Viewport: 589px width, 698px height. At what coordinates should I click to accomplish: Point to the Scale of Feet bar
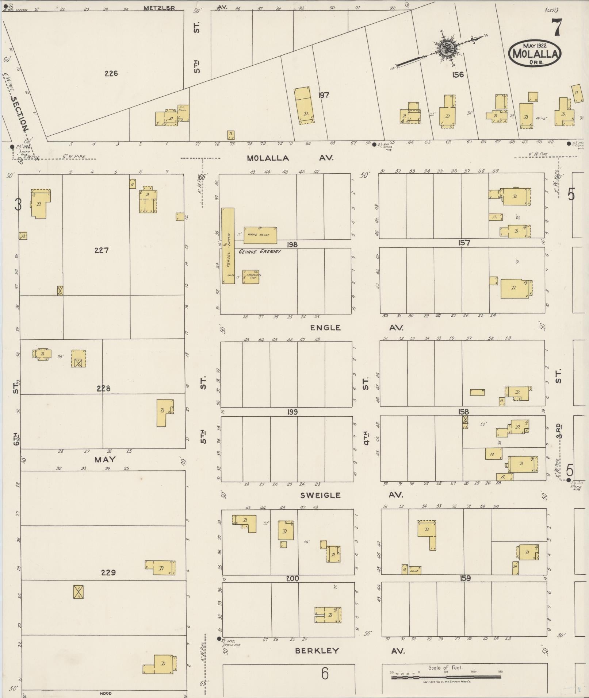point(445,677)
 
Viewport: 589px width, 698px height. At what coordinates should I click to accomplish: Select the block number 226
point(111,73)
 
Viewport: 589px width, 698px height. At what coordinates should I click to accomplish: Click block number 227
point(101,250)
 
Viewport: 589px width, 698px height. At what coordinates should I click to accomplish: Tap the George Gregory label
point(260,251)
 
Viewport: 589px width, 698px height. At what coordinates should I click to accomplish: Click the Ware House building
point(260,235)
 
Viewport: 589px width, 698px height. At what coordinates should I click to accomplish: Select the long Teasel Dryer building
point(228,246)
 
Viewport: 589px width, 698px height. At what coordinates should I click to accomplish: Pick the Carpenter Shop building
point(251,277)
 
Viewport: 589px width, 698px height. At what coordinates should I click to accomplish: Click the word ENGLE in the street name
point(325,328)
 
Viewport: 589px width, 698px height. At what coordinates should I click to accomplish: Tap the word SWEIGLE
point(320,495)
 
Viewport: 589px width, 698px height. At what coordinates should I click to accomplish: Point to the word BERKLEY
point(317,650)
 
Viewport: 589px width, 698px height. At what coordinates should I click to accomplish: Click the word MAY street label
point(105,460)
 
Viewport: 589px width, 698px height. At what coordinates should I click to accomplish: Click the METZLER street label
point(159,8)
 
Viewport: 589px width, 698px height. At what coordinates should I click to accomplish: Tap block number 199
point(292,412)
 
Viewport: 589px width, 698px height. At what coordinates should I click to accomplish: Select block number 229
point(108,572)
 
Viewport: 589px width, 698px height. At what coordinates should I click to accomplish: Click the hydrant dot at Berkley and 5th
point(219,639)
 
